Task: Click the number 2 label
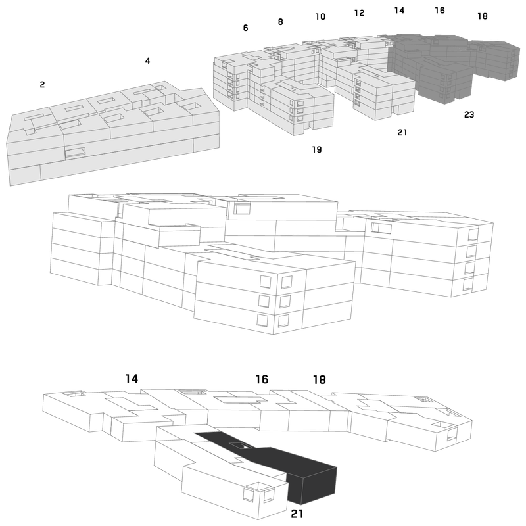(42, 85)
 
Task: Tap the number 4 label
(147, 60)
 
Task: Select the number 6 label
(245, 28)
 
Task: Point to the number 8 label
(281, 22)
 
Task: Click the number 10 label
(320, 16)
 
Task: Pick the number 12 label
(359, 12)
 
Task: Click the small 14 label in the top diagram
(399, 11)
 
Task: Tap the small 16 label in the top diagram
(440, 11)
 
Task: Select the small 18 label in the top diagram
(483, 16)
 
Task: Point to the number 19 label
(317, 149)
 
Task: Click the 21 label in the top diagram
(402, 133)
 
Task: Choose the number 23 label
(469, 114)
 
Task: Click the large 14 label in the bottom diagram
(131, 379)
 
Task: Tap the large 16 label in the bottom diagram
(262, 379)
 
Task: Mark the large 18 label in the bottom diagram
(320, 380)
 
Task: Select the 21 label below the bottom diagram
(297, 514)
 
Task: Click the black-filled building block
(295, 469)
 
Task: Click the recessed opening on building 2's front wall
(75, 153)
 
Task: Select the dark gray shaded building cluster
(450, 65)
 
